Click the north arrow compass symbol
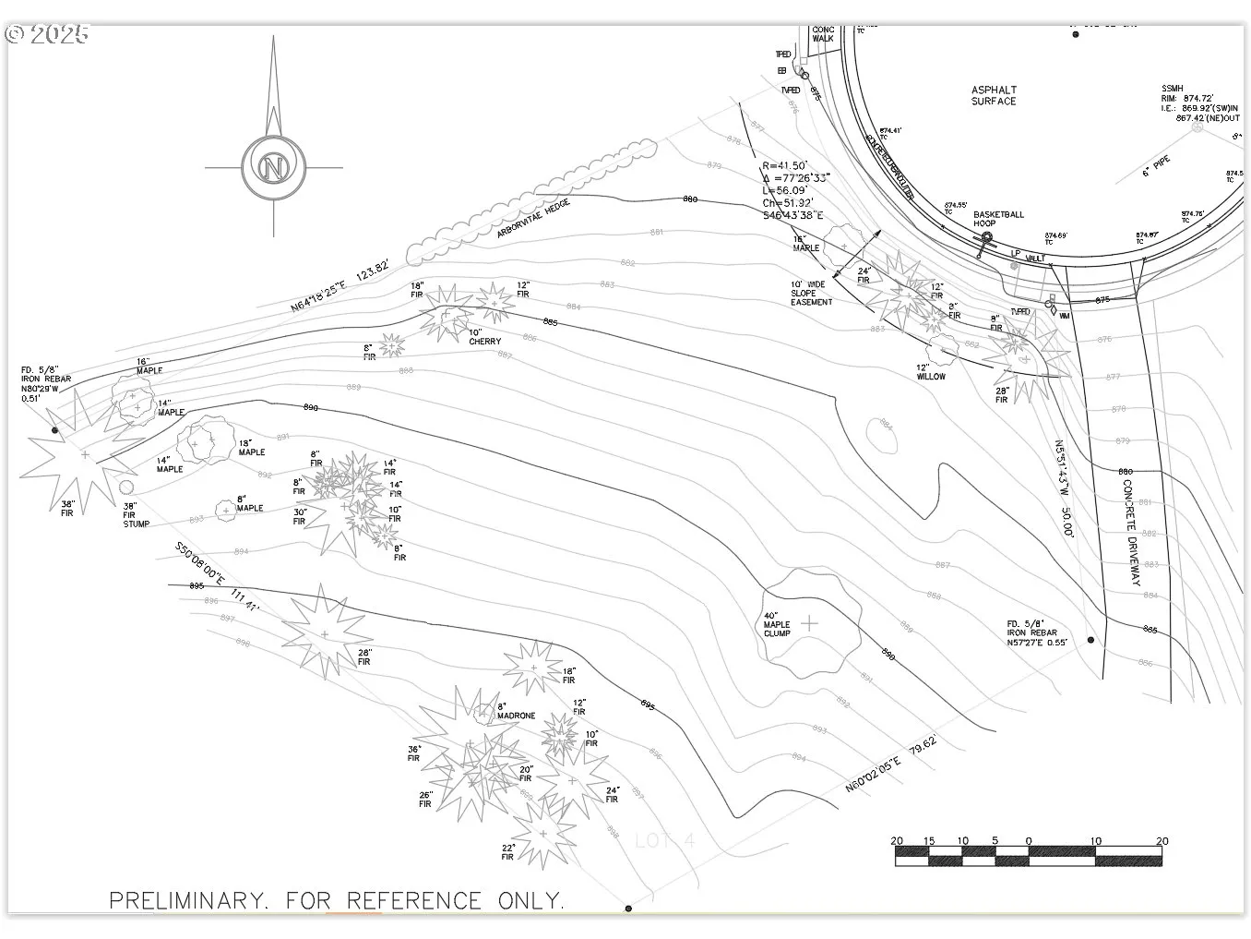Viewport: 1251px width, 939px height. pyautogui.click(x=273, y=167)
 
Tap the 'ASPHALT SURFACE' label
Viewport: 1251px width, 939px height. pyautogui.click(x=994, y=96)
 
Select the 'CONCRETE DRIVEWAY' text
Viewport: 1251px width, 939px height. pyautogui.click(x=1132, y=532)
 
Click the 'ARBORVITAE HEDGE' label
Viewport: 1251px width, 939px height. pyautogui.click(x=533, y=218)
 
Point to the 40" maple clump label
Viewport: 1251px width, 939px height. pyautogui.click(x=777, y=624)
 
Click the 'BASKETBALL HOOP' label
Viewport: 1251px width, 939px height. pyautogui.click(x=998, y=219)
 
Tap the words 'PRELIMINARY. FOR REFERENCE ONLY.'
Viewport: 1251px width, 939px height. pyautogui.click(x=337, y=900)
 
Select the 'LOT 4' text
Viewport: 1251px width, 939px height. pyautogui.click(x=664, y=841)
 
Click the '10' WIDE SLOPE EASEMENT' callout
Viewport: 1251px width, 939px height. pyautogui.click(x=811, y=293)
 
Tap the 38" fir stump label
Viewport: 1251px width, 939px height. pyautogui.click(x=136, y=515)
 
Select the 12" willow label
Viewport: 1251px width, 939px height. pyautogui.click(x=930, y=371)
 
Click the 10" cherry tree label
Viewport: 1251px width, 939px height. pyautogui.click(x=484, y=337)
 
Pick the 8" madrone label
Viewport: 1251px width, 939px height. pyautogui.click(x=516, y=711)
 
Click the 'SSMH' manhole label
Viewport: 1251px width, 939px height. pyautogui.click(x=1172, y=89)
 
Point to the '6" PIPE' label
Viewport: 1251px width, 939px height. pyautogui.click(x=1156, y=167)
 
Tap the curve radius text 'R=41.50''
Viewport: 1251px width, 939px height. pyautogui.click(x=785, y=165)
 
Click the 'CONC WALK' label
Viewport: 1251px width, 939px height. pyautogui.click(x=823, y=34)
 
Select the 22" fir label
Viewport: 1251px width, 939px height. pyautogui.click(x=507, y=852)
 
